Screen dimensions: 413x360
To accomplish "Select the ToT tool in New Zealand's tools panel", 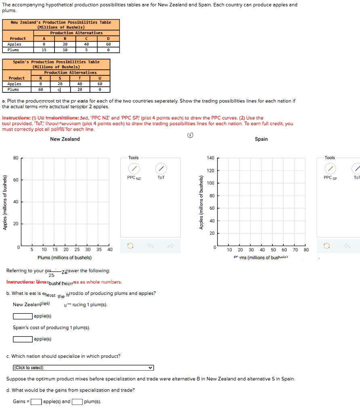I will (161, 168).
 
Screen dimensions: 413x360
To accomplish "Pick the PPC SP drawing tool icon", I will (330, 168).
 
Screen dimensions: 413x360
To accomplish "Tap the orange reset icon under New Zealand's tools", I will (130, 245).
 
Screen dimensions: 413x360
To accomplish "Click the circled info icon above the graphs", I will (190, 135).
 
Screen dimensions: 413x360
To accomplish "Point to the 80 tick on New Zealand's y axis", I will (16, 158).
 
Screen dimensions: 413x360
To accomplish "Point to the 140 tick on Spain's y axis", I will (210, 158).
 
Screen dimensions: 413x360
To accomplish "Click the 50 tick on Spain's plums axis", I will (273, 250).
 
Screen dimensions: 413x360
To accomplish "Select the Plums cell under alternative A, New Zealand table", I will (44, 50).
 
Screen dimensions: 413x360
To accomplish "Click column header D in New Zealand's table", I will (108, 39).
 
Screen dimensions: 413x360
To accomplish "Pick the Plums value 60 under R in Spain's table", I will (40, 90).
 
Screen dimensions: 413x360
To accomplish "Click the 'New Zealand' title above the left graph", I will (65, 139).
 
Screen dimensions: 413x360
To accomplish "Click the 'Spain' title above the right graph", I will (261, 139).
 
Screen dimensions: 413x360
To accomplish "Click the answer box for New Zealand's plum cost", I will (23, 316).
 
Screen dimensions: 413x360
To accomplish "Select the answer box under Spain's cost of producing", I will (23, 339).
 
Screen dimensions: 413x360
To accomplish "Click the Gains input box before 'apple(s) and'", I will (36, 402).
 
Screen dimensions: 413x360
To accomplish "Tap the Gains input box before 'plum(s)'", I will (78, 402).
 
